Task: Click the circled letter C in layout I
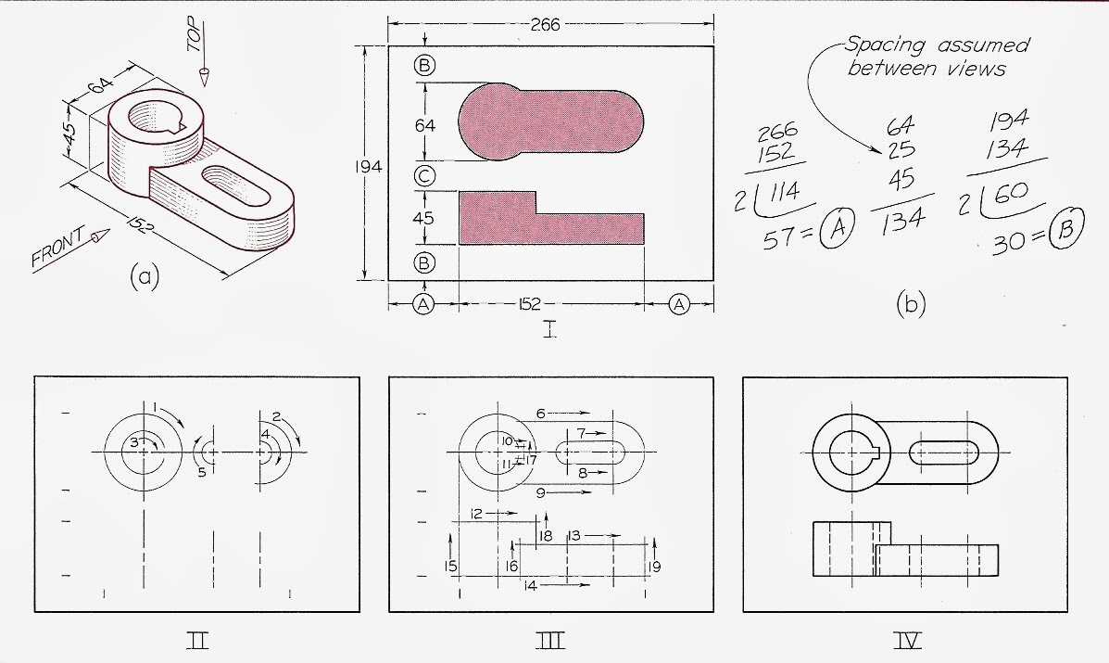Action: coord(424,175)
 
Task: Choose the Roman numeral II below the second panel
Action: coord(196,639)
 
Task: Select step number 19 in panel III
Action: coord(655,567)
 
